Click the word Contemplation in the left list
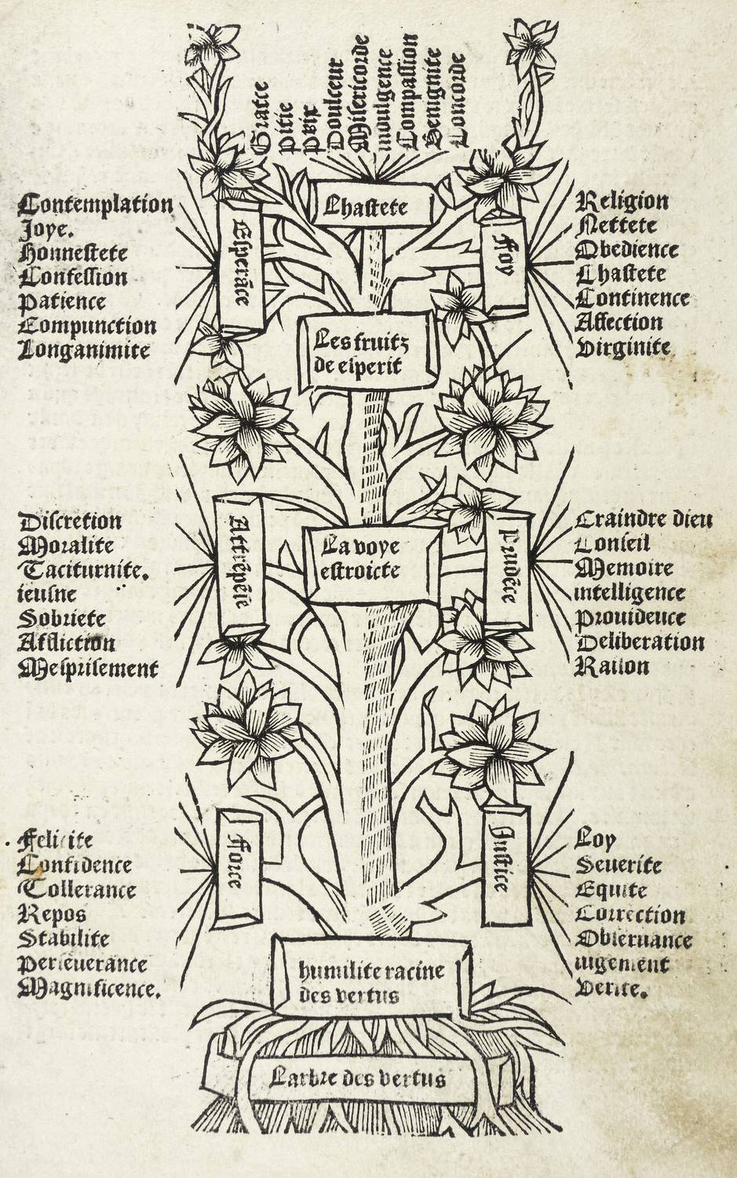(x=95, y=205)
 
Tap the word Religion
(x=623, y=202)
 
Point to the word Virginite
(x=623, y=347)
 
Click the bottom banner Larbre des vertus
(x=357, y=1078)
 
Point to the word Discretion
(x=70, y=521)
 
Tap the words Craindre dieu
(x=644, y=519)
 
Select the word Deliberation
(x=640, y=642)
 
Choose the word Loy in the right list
(x=595, y=840)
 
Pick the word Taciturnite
(x=82, y=570)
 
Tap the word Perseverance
(x=82, y=963)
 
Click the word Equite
(x=611, y=890)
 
